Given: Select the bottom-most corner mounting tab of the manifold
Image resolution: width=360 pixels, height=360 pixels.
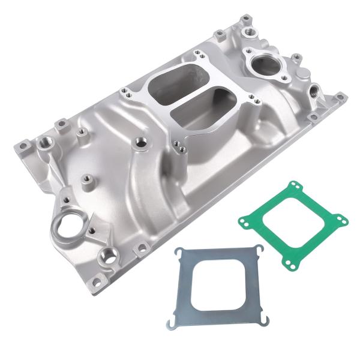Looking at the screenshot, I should [142, 248].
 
